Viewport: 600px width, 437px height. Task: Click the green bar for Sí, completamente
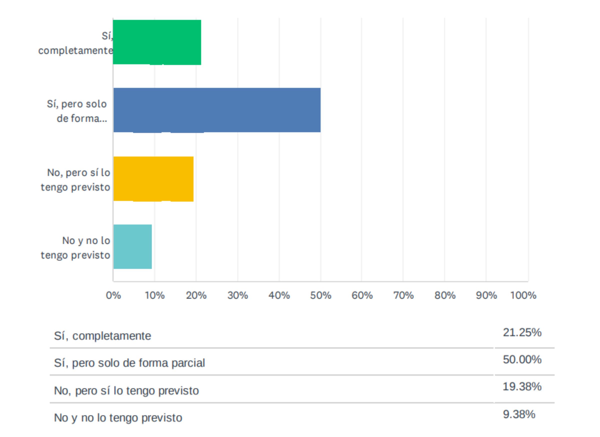point(157,42)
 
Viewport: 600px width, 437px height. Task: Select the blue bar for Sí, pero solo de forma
point(217,110)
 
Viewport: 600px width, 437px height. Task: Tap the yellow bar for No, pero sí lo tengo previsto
point(153,179)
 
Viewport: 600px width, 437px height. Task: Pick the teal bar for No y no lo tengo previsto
point(132,246)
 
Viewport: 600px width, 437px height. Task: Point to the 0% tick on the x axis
point(113,295)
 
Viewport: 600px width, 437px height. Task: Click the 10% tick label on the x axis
point(155,295)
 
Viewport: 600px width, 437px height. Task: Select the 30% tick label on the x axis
point(237,295)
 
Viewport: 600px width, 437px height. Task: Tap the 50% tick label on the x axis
point(321,295)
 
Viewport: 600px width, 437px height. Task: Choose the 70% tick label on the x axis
point(403,295)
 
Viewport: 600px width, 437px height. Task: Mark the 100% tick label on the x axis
point(523,295)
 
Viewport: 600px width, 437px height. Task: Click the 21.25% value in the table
point(522,333)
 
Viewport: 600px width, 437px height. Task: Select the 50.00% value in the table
point(522,360)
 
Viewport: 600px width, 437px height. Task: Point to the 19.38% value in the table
point(522,387)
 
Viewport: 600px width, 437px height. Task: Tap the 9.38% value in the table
point(519,414)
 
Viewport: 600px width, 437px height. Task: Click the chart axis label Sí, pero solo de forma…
point(77,111)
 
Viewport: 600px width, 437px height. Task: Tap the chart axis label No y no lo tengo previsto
point(75,248)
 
